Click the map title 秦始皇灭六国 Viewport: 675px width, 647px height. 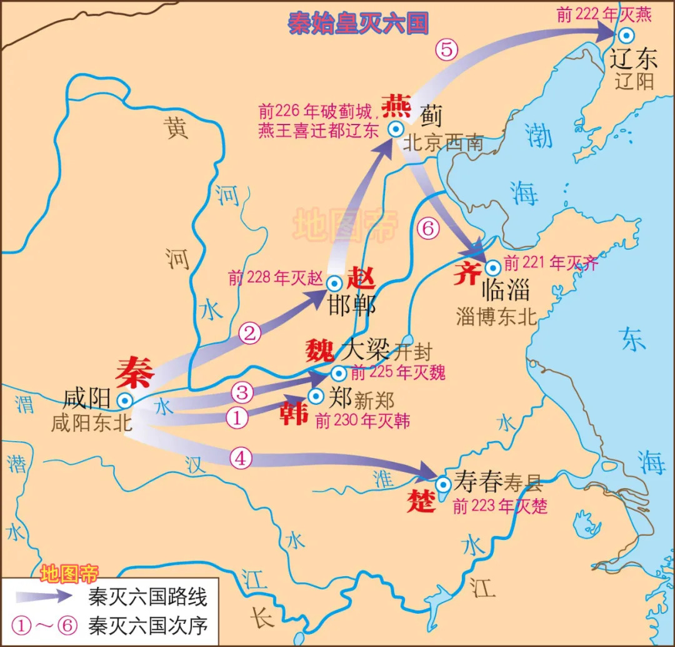click(x=358, y=23)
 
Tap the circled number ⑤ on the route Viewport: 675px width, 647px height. click(x=447, y=49)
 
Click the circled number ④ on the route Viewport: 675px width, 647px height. click(x=242, y=458)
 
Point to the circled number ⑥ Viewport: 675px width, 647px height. click(x=427, y=229)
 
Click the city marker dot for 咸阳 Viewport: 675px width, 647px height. click(x=126, y=401)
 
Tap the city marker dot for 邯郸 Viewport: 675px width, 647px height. click(x=334, y=283)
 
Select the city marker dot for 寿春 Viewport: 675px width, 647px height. click(x=443, y=484)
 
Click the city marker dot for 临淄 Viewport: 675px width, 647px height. click(x=492, y=268)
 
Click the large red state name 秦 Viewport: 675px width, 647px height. click(x=136, y=372)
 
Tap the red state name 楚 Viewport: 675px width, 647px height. click(x=421, y=501)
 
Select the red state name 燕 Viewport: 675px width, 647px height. click(x=396, y=107)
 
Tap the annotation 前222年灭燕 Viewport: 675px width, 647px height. click(x=604, y=14)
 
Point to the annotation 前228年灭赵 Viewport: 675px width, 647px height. click(x=275, y=278)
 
